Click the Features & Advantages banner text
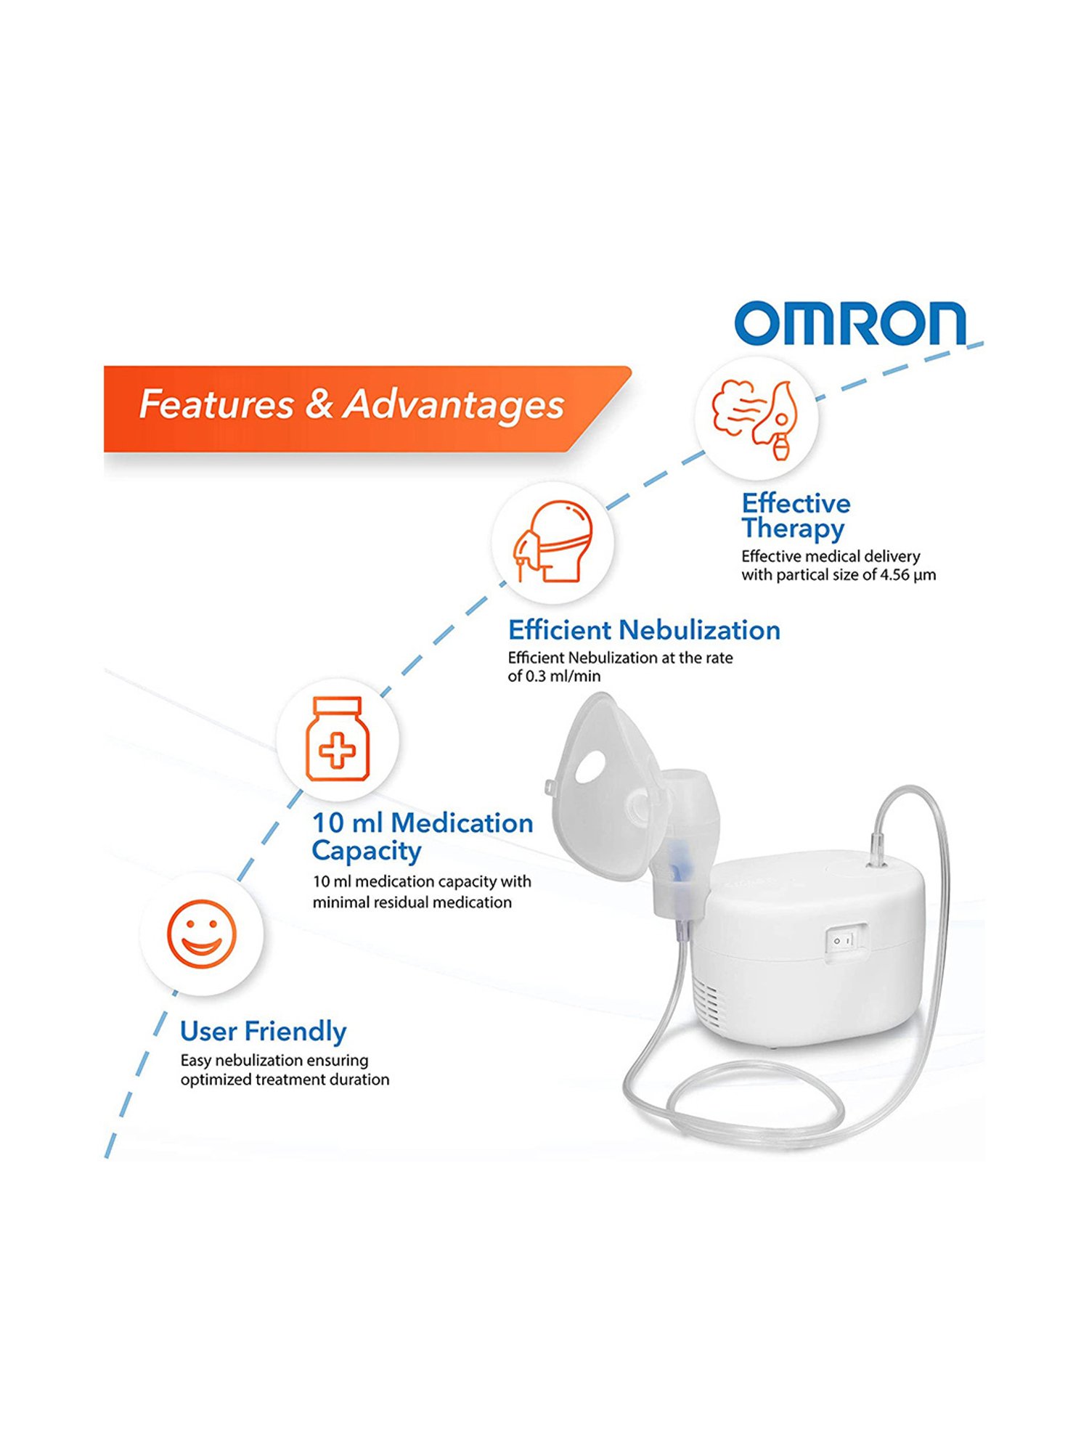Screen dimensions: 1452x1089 (351, 404)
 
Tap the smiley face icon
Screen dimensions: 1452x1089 (202, 934)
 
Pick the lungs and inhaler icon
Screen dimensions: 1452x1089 (755, 418)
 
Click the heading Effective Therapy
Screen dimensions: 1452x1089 (795, 515)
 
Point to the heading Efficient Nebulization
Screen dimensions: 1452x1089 (644, 629)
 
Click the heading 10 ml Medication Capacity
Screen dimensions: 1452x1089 (421, 836)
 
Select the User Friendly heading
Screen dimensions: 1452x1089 (263, 1031)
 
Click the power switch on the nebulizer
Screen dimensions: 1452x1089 (846, 941)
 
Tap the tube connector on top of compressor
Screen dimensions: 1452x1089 (878, 849)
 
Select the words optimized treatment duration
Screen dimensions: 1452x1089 (285, 1080)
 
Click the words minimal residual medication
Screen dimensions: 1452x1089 (412, 902)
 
